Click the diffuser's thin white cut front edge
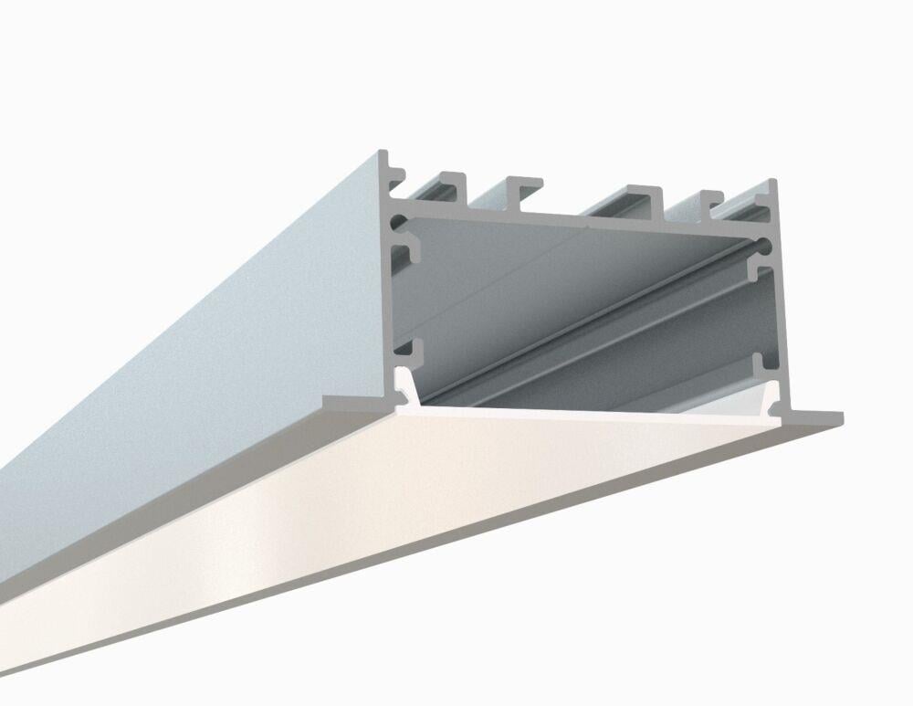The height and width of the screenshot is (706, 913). [x=584, y=413]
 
